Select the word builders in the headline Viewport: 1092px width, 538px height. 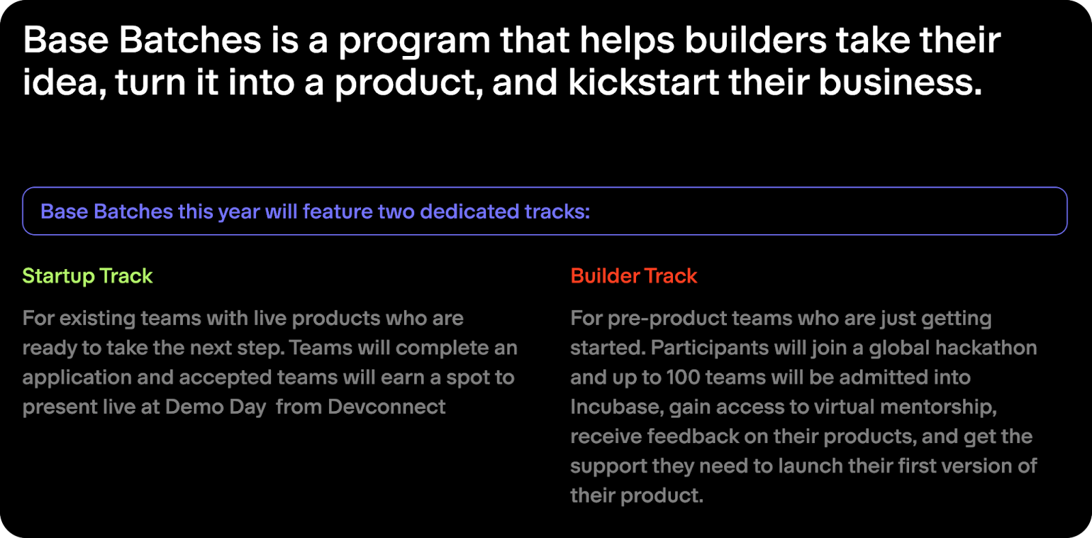pyautogui.click(x=756, y=40)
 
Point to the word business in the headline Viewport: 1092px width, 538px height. pyautogui.click(x=900, y=82)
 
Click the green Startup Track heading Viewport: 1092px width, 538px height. pyautogui.click(x=88, y=276)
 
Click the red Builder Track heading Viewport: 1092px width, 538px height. pyautogui.click(x=634, y=276)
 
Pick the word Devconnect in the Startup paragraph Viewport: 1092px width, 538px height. pyautogui.click(x=386, y=407)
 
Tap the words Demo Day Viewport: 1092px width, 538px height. pyautogui.click(x=216, y=408)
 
